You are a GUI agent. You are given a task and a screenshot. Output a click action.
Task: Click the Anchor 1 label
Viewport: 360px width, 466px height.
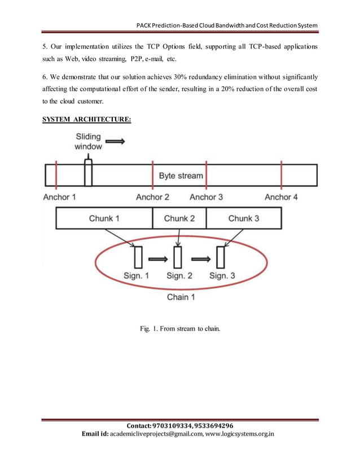coord(59,197)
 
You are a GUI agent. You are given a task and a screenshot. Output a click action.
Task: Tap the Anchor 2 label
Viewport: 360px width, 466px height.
coord(153,197)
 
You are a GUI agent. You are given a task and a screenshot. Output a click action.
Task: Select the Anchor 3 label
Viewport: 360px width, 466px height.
coord(206,197)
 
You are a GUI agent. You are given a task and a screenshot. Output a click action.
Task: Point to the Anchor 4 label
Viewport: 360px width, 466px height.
coord(282,197)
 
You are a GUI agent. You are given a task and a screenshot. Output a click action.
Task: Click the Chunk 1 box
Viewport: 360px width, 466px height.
coord(104,218)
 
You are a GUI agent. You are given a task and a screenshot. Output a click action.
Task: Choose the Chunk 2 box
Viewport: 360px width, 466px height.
coord(179,218)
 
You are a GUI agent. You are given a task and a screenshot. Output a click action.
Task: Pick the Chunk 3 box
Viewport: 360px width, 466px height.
coord(244,218)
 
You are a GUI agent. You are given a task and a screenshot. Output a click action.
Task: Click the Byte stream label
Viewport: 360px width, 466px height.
coord(181,176)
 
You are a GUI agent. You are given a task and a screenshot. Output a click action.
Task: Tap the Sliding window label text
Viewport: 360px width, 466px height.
coord(89,142)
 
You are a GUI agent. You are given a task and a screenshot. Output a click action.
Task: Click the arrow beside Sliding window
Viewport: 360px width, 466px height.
coord(115,142)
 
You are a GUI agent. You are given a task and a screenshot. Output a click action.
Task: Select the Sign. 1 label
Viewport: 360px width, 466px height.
coord(137,276)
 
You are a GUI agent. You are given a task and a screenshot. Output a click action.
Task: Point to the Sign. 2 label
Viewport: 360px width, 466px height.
coord(179,276)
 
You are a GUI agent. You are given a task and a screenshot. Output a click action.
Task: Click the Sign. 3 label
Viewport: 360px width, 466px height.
coord(222,276)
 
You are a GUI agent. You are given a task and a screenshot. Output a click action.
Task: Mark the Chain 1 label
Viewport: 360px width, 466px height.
coord(181,297)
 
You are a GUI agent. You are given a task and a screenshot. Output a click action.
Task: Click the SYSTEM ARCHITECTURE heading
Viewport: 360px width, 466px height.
coord(87,120)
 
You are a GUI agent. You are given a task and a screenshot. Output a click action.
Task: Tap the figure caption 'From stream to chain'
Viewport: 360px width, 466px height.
coord(180,329)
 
